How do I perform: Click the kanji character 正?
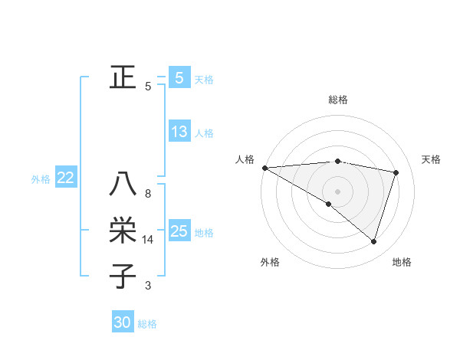[x=123, y=77]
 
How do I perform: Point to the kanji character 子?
[x=123, y=275]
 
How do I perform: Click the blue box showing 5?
[x=179, y=77]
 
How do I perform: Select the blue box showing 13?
[x=179, y=132]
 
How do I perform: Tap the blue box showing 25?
[x=179, y=231]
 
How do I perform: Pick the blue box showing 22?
[x=66, y=178]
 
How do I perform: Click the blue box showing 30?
[x=123, y=322]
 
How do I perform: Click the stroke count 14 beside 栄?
[x=148, y=240]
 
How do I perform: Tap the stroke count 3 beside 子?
[x=148, y=286]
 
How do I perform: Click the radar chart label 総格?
[x=338, y=100]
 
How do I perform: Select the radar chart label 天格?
[x=431, y=159]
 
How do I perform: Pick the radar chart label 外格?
[x=270, y=262]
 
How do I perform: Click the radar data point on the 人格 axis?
[x=264, y=167]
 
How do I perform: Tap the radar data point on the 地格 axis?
[x=373, y=241]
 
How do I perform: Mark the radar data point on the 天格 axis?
[x=396, y=172]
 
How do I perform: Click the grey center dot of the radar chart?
[x=337, y=191]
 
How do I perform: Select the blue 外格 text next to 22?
[x=41, y=178]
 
